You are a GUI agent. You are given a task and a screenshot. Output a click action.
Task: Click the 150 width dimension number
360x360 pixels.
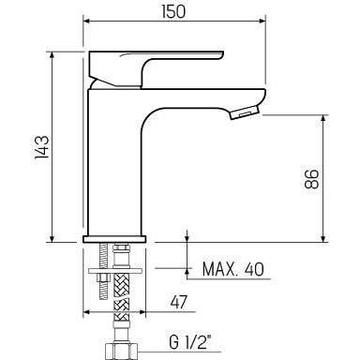coord(172,11)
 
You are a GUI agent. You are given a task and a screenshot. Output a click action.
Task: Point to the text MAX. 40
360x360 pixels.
coord(232,270)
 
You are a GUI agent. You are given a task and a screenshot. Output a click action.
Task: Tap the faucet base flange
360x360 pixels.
coord(113,238)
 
